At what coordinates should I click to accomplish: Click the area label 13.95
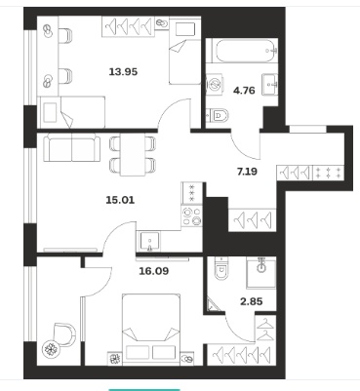tap(123, 71)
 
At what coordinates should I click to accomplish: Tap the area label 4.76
tap(244, 91)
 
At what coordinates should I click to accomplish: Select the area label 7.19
tap(247, 171)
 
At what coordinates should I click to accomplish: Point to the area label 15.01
tap(120, 200)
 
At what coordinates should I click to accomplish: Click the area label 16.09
tap(154, 270)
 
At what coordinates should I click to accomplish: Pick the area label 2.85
tap(252, 301)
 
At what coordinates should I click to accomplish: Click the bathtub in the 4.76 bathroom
tap(242, 51)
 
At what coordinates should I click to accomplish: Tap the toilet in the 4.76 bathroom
tap(219, 115)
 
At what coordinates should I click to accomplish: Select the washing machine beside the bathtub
tap(215, 85)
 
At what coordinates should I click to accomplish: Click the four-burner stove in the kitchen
tap(192, 216)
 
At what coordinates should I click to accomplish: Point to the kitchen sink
tap(149, 241)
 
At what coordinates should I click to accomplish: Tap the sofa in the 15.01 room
tap(72, 149)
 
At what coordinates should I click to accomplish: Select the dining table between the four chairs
tap(133, 154)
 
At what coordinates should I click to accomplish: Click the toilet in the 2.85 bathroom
tap(221, 268)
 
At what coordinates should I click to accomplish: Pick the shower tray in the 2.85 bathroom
tap(261, 273)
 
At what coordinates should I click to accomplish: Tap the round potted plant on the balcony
tap(51, 349)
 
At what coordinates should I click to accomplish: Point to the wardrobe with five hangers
tap(241, 354)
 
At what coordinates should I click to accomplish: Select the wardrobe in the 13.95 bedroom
tap(128, 26)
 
